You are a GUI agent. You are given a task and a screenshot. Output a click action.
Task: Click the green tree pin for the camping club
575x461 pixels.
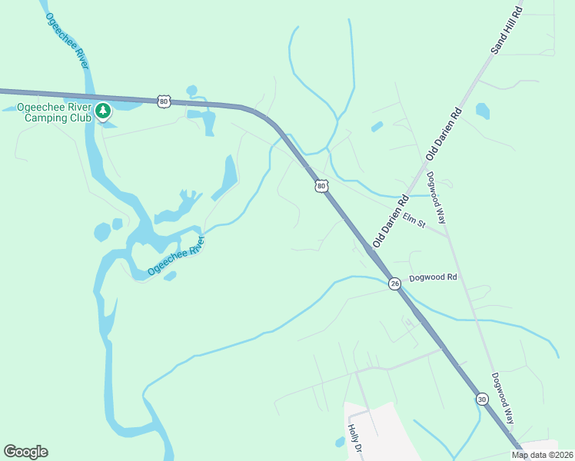tap(103, 112)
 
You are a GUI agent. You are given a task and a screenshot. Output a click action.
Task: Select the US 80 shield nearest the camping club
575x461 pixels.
tap(163, 101)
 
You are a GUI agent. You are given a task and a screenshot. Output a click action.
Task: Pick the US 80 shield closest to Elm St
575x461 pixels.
tap(321, 186)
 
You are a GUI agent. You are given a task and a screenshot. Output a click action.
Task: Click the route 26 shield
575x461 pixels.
tap(394, 284)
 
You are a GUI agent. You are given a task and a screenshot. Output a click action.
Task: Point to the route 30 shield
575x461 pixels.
tap(481, 399)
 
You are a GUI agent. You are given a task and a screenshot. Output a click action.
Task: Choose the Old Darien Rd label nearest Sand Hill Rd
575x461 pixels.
tap(444, 134)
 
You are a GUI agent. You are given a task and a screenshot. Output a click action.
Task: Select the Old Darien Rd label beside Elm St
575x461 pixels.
tap(391, 221)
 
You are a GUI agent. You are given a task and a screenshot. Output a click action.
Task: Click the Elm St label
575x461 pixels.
tap(414, 221)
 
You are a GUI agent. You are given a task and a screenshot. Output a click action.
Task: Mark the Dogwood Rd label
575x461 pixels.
tap(433, 277)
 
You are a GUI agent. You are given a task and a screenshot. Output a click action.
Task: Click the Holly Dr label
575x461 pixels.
tap(354, 440)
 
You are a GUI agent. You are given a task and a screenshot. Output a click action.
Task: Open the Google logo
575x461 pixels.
tap(25, 452)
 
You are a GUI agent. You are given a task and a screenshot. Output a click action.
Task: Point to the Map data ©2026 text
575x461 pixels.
tap(542, 455)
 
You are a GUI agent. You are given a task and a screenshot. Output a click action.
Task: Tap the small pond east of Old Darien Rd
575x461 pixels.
tap(482, 111)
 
